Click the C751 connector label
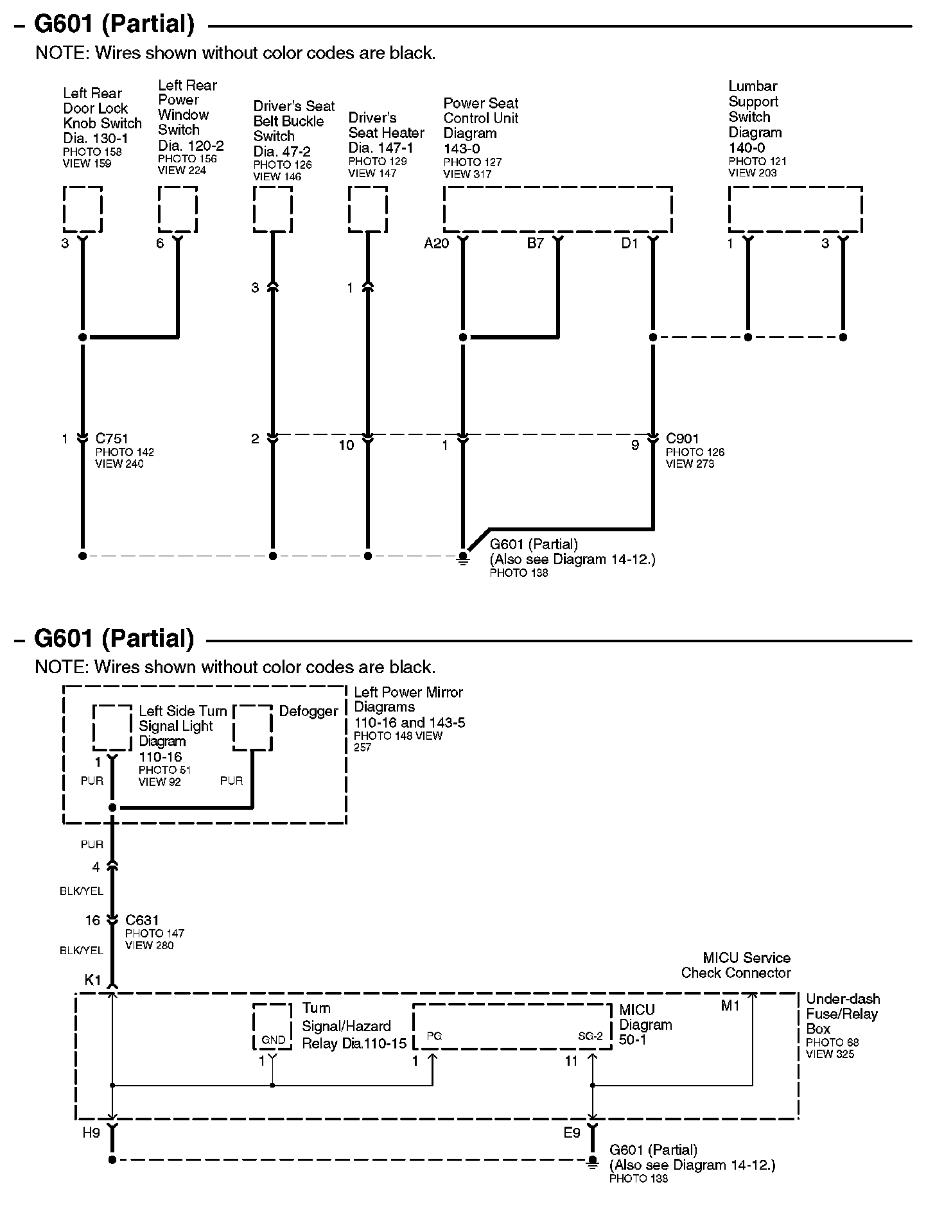tap(112, 439)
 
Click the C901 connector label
tap(682, 439)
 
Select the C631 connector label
tap(142, 920)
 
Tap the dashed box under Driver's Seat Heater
tap(368, 209)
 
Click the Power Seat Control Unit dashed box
tap(557, 209)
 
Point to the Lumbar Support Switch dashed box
tap(795, 209)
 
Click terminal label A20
tap(436, 243)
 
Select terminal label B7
tap(536, 243)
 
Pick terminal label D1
tap(629, 243)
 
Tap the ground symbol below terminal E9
tap(592, 1161)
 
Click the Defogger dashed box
tap(252, 728)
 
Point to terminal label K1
tap(93, 980)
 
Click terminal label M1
tap(730, 1005)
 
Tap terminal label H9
tap(91, 1133)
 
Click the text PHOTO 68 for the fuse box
tap(832, 1043)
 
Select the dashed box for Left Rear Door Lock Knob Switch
tap(83, 209)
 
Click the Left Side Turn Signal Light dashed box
tap(112, 728)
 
